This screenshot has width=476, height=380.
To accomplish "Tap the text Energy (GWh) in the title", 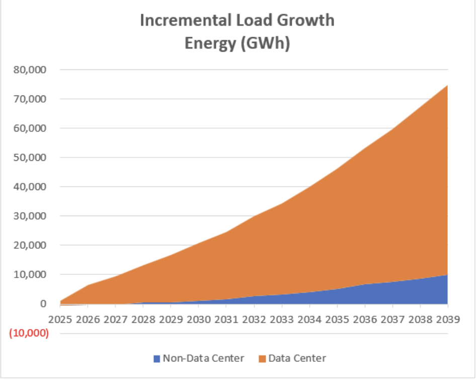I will pyautogui.click(x=237, y=44).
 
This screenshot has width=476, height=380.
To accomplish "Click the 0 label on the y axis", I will pyautogui.click(x=43, y=304).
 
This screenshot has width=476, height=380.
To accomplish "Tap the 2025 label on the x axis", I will pyautogui.click(x=60, y=320).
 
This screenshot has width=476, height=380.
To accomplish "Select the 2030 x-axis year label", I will pyautogui.click(x=199, y=320).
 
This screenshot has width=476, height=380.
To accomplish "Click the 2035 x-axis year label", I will pyautogui.click(x=337, y=320).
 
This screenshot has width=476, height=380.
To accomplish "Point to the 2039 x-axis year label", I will pyautogui.click(x=447, y=320).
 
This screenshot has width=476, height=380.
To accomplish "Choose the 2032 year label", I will pyautogui.click(x=254, y=320).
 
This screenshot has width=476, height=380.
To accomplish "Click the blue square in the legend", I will pyautogui.click(x=157, y=359).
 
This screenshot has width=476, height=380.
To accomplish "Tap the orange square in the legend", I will pyautogui.click(x=261, y=359).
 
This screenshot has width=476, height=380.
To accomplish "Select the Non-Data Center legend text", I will pyautogui.click(x=204, y=358).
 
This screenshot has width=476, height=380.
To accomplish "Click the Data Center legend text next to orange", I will pyautogui.click(x=297, y=358).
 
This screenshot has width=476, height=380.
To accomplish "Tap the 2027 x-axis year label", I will pyautogui.click(x=116, y=320).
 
